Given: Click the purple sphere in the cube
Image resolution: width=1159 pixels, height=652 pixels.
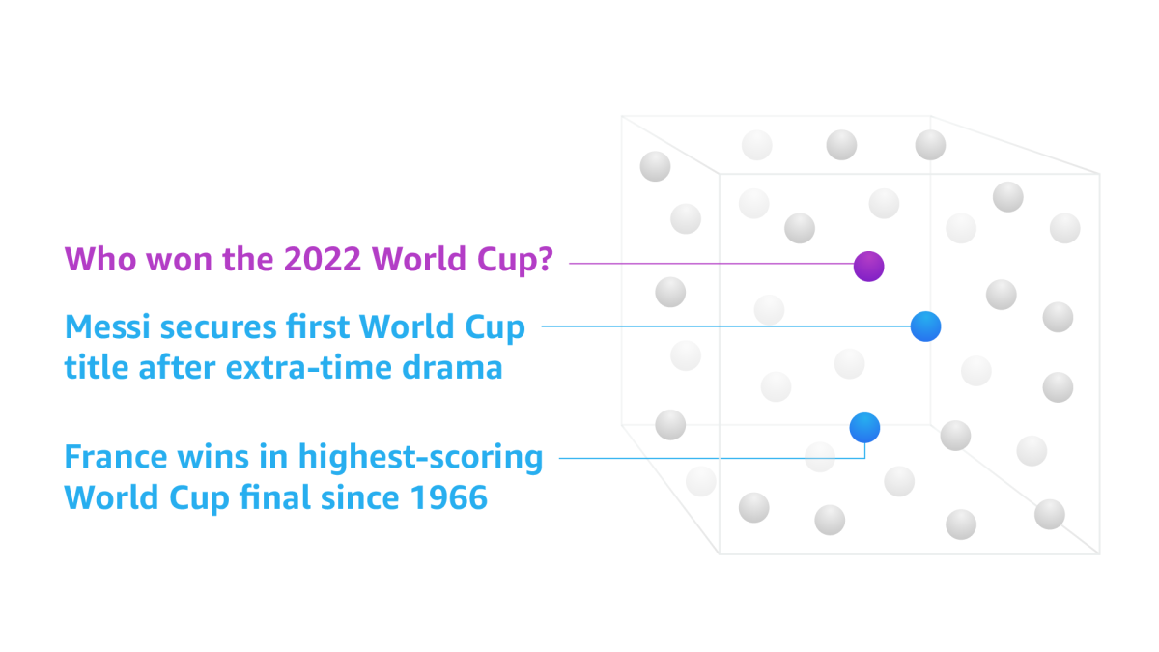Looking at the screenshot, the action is click(x=868, y=267).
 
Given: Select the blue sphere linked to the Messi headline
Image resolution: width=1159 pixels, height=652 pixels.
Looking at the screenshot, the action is click(x=925, y=326).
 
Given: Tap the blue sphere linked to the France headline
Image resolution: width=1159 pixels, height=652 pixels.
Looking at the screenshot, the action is click(x=864, y=428).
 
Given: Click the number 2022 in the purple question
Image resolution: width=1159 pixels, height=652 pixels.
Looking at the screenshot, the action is click(x=322, y=259).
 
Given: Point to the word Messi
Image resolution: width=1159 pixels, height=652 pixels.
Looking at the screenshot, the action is click(x=107, y=327).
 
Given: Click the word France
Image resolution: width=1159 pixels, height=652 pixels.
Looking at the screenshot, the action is click(x=115, y=457).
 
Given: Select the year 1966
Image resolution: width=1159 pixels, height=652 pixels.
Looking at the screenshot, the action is click(x=448, y=497).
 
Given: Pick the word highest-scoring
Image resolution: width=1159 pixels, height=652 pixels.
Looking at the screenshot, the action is click(x=421, y=458).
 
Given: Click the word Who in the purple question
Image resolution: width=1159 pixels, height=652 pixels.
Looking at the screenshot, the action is click(x=99, y=259).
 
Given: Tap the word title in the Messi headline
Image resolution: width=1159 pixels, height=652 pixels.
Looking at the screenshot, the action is click(x=97, y=367).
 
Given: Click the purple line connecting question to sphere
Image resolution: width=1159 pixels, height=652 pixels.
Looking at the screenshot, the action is click(x=712, y=264).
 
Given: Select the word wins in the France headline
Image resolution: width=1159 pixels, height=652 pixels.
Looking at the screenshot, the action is click(x=213, y=457).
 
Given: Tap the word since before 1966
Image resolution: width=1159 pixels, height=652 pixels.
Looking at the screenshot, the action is click(x=360, y=497).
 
